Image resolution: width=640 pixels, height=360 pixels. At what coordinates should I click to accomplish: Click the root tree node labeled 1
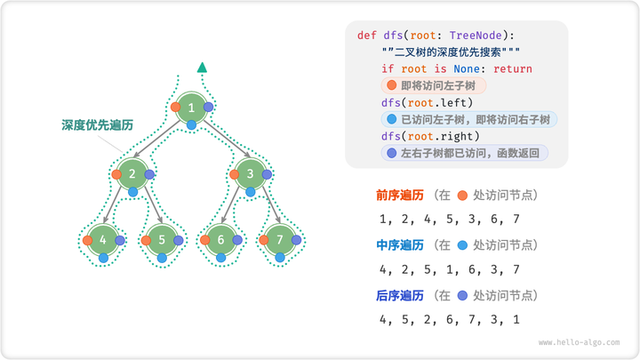(191, 108)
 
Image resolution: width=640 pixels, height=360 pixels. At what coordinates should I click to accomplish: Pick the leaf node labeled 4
(103, 240)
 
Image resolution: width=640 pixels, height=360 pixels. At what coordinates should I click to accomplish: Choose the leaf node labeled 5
(162, 240)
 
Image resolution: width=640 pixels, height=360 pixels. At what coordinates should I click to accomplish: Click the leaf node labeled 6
(221, 240)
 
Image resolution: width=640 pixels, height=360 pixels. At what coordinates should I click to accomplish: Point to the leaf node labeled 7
(281, 240)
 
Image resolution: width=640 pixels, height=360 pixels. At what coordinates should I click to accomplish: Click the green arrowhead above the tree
(203, 67)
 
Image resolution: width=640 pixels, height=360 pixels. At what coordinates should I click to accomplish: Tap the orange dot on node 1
(175, 108)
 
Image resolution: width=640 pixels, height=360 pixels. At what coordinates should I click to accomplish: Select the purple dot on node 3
(268, 174)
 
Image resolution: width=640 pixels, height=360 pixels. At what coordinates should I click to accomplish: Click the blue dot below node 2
(132, 191)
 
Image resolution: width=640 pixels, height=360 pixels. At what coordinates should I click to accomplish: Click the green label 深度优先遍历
(98, 125)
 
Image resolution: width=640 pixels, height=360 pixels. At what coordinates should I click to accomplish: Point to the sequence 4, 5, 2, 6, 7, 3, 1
(449, 318)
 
